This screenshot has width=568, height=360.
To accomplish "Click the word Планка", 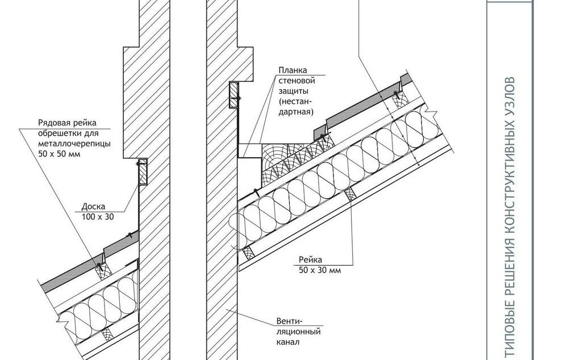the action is [x=293, y=70].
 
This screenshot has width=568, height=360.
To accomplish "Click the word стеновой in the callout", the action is [x=296, y=81].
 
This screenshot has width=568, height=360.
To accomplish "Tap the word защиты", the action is [x=294, y=91].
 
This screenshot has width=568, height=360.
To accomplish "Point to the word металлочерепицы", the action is [x=74, y=144].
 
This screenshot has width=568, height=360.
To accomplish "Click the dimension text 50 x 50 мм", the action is [x=60, y=154].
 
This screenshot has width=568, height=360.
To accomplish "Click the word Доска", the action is [x=94, y=207].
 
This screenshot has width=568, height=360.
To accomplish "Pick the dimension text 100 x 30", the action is [x=98, y=217].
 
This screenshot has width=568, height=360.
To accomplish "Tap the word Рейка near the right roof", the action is [x=311, y=259].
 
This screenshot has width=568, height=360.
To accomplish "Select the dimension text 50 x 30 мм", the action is [x=320, y=270].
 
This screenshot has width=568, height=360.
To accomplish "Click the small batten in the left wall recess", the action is [x=143, y=171].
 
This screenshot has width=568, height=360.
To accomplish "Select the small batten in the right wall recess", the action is [x=233, y=95].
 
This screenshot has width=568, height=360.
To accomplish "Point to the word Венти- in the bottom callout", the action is [x=289, y=321].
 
